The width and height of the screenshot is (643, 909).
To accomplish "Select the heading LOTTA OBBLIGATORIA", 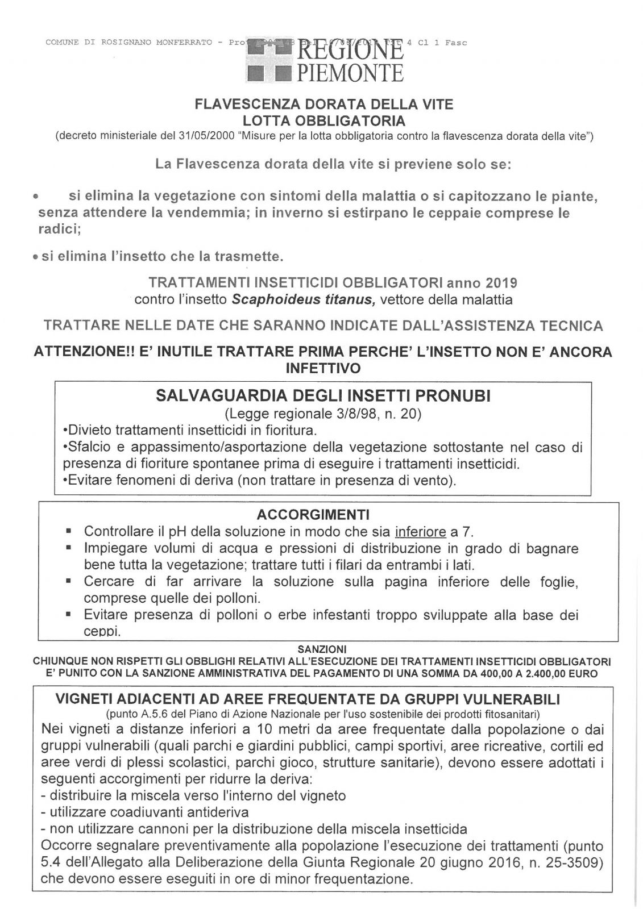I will pos(323,121).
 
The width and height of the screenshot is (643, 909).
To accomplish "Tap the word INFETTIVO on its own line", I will pos(322,368).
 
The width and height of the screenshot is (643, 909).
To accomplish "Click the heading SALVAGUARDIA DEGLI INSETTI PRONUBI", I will pos(322,396).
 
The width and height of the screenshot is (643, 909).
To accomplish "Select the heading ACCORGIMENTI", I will pos(313,515).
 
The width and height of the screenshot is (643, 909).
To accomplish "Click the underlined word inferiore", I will pos(420,532).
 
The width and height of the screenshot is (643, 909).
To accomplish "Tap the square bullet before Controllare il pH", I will pos(68,532).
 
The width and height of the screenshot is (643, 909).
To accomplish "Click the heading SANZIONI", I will pos(322,648).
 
